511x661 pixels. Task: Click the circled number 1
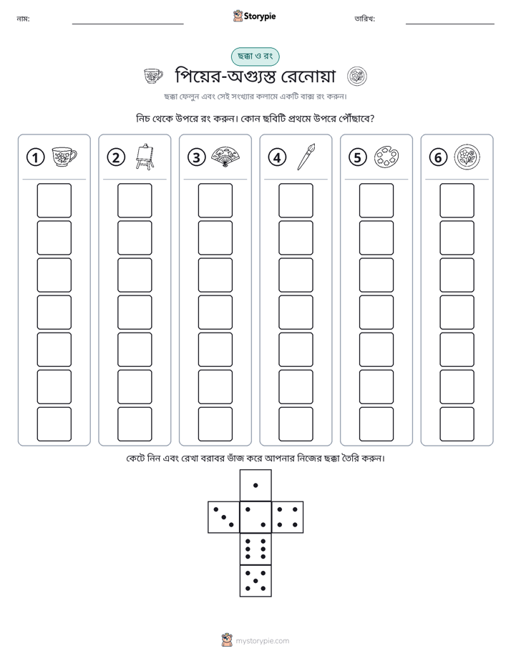click(x=35, y=157)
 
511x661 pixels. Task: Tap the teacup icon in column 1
click(x=64, y=157)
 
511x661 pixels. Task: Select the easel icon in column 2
click(x=145, y=157)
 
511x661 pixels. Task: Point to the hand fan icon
click(x=225, y=157)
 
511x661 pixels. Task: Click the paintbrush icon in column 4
click(x=306, y=157)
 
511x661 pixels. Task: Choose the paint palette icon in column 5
click(x=386, y=157)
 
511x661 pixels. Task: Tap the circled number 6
click(x=438, y=157)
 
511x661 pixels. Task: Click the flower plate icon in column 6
click(x=467, y=157)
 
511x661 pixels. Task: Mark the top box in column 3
click(x=215, y=200)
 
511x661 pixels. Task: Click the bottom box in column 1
click(x=54, y=424)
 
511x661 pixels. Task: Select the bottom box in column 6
click(x=457, y=424)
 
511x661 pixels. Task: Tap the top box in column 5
click(x=376, y=200)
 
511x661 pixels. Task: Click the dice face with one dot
click(x=255, y=485)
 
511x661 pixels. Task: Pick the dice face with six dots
click(x=255, y=549)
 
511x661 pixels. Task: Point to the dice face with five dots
click(x=255, y=581)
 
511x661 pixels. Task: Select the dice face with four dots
click(x=288, y=517)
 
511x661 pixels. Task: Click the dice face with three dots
click(x=224, y=517)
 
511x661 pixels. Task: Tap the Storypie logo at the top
click(x=254, y=16)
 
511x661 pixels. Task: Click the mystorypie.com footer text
click(x=262, y=641)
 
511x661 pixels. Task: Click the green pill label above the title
click(x=255, y=57)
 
